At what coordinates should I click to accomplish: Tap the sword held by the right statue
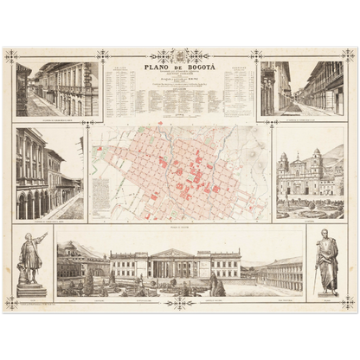pos(335,268)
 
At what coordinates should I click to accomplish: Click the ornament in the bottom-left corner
pos(11,302)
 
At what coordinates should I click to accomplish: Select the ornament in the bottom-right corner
pos(349,302)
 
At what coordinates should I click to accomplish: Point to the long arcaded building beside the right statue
pos(281,273)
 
